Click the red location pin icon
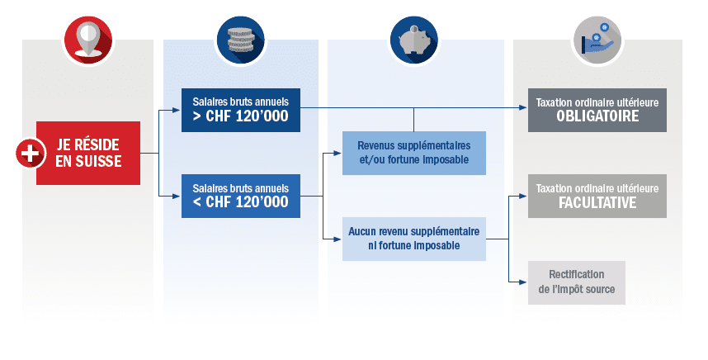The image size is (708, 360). [x=87, y=40]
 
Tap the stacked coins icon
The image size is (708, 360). [x=241, y=40]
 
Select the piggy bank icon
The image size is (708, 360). [x=413, y=40]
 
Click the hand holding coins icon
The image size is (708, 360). [x=597, y=40]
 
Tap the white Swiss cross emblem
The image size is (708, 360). [x=31, y=153]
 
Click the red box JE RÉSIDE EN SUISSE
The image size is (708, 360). [x=88, y=153]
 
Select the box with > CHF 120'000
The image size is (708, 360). [x=241, y=110]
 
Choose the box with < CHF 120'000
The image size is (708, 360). [x=241, y=196]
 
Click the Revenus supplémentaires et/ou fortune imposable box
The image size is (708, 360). [x=414, y=153]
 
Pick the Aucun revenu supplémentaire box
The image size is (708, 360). [x=414, y=239]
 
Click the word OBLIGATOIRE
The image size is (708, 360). [x=597, y=116]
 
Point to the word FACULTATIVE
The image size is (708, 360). [x=597, y=202]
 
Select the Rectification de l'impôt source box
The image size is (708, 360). [x=577, y=282]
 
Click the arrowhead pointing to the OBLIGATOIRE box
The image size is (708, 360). [x=523, y=107]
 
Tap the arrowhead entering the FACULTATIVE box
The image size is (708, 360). [x=523, y=196]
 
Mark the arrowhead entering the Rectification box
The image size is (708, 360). [x=523, y=282]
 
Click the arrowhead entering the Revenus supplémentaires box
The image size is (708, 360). [x=337, y=153]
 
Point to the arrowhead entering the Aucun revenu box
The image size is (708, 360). [x=337, y=239]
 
